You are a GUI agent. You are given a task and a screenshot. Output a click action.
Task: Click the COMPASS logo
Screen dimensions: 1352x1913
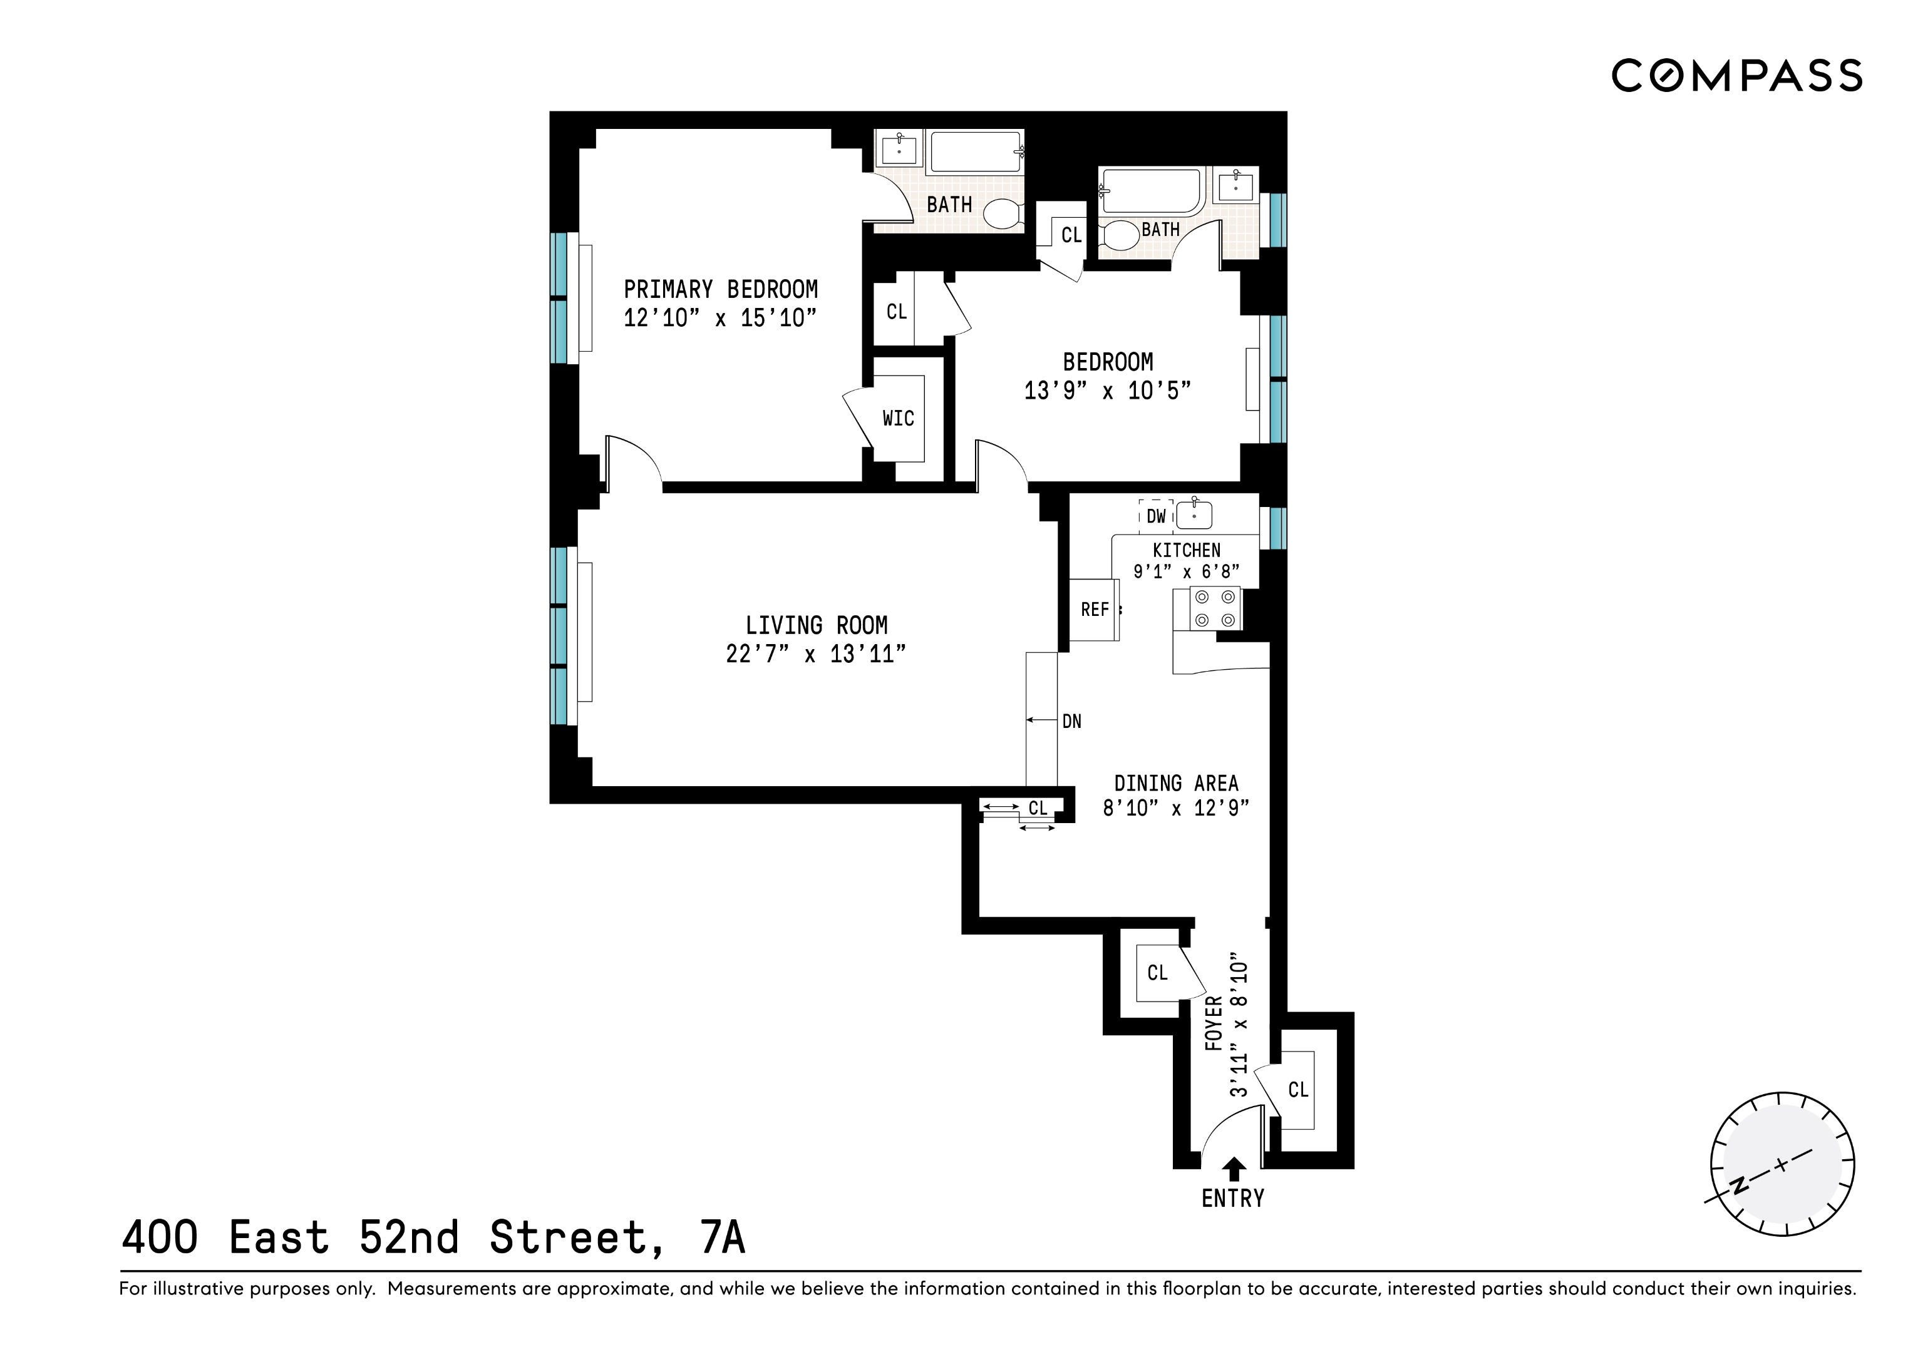[1736, 76]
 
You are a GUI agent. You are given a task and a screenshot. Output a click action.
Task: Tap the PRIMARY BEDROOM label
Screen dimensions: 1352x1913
[721, 289]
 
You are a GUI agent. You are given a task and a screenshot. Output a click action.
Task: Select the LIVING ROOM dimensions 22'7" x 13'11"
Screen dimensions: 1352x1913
[816, 654]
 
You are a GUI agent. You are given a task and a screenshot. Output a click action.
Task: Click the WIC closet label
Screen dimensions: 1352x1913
[898, 418]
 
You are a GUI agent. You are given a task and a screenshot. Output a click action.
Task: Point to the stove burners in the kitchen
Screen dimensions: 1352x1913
[1215, 608]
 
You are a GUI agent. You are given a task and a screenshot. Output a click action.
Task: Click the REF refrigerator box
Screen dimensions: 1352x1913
[1093, 610]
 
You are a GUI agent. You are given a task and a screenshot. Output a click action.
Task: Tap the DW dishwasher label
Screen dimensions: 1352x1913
[1156, 516]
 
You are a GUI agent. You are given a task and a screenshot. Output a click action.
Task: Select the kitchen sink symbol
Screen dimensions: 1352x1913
[1194, 515]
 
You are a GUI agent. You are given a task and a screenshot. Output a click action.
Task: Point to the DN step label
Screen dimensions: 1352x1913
[1071, 722]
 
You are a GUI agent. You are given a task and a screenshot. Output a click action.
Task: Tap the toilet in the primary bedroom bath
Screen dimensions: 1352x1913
[1001, 213]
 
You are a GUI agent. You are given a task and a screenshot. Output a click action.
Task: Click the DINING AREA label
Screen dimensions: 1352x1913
[1175, 783]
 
